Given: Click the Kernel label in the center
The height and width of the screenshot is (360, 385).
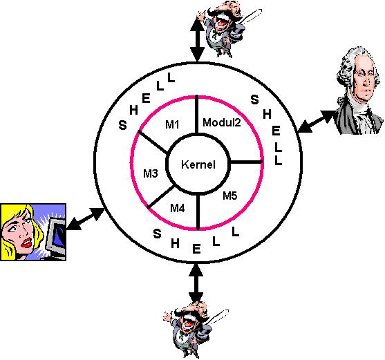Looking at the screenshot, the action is pos(198,164).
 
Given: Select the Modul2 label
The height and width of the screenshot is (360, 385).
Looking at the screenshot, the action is pos(221,122).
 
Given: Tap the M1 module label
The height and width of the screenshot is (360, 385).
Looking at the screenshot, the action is pos(172,124).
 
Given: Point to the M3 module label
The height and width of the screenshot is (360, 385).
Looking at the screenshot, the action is pos(151,173).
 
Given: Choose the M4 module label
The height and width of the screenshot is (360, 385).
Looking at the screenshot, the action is pos(177,208).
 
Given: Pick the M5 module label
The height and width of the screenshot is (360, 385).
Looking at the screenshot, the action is pos(229,196).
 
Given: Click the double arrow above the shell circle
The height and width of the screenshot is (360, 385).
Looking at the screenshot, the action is pos(197,39).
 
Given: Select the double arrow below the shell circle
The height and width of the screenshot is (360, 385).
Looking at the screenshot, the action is pos(196,283).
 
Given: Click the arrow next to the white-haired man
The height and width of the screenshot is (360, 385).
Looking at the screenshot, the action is pos(317,121).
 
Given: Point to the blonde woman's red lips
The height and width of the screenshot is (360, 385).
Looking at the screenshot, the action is pos(26,243).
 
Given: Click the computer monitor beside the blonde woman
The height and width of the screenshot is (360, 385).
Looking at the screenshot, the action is pos(56,238).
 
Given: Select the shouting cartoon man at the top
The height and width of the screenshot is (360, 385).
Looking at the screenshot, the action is pos(226,30).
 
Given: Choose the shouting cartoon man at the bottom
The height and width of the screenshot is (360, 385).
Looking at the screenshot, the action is pos(196,329).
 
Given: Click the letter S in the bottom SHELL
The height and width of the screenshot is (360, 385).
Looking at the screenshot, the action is pos(157,234).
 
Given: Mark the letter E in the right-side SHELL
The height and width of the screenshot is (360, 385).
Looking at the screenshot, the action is pos(276,131).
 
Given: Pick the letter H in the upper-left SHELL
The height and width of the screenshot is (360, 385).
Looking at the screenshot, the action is pos(133,110).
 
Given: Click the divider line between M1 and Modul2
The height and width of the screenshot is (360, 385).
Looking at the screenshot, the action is pos(196,114).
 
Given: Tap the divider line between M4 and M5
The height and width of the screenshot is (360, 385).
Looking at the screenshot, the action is pos(198,212).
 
